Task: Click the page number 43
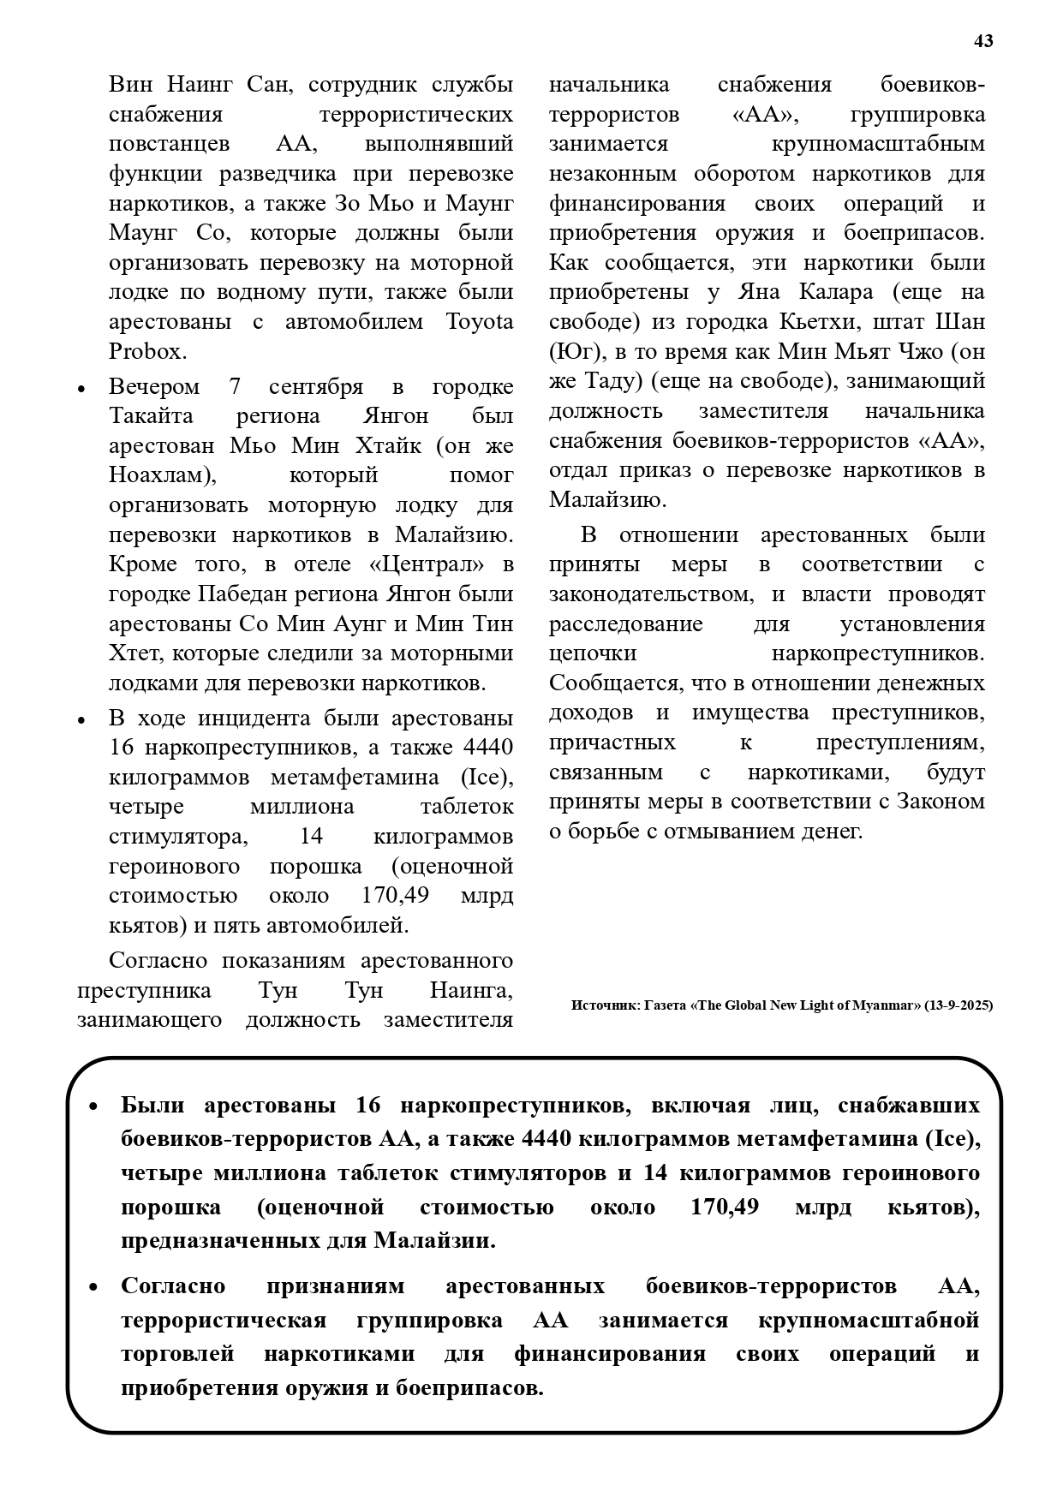click(983, 41)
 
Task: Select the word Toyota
click(480, 322)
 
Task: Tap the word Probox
click(146, 352)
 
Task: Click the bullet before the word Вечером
click(81, 389)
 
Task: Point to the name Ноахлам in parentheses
click(159, 475)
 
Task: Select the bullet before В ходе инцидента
click(81, 720)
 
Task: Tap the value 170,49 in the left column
click(390, 896)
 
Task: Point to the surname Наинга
click(471, 991)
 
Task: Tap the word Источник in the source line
click(601, 1005)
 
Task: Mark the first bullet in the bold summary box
click(94, 1106)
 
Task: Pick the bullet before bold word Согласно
click(94, 1287)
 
